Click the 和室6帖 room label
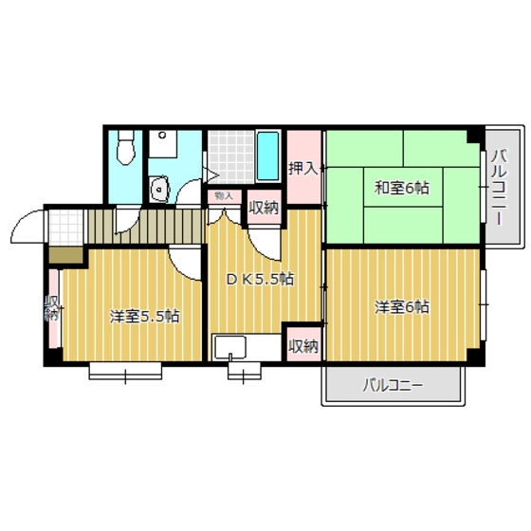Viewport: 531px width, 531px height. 401,188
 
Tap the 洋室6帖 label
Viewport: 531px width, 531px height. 401,306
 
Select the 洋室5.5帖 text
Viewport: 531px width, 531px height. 144,316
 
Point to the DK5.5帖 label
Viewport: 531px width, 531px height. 259,279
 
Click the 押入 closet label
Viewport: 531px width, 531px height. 302,168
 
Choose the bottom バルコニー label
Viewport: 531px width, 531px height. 392,386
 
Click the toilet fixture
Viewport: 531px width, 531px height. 124,149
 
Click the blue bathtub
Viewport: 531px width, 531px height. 268,156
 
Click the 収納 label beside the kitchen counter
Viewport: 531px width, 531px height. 302,345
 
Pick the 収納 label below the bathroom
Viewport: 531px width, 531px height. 263,208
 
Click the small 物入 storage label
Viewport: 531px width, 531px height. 224,196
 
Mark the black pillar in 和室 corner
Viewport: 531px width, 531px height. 472,136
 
